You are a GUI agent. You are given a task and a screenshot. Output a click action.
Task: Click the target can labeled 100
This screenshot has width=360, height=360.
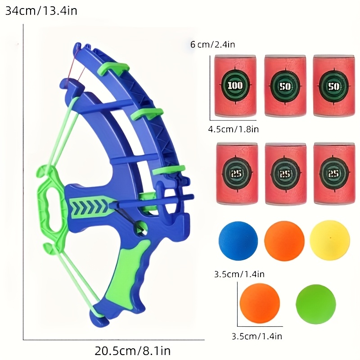point(235,85)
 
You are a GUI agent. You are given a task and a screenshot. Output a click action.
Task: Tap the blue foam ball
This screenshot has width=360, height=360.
point(238,241)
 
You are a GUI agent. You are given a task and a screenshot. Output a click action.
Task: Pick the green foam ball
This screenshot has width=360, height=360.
point(316,304)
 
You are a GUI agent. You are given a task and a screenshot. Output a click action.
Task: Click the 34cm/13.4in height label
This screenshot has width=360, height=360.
point(41,11)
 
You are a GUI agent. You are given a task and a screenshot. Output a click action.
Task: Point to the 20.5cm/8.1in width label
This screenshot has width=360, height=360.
point(132,351)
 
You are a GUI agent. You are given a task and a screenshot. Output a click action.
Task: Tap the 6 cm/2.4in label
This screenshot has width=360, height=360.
point(212,44)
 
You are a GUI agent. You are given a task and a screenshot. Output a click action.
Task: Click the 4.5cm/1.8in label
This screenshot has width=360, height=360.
point(233,129)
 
